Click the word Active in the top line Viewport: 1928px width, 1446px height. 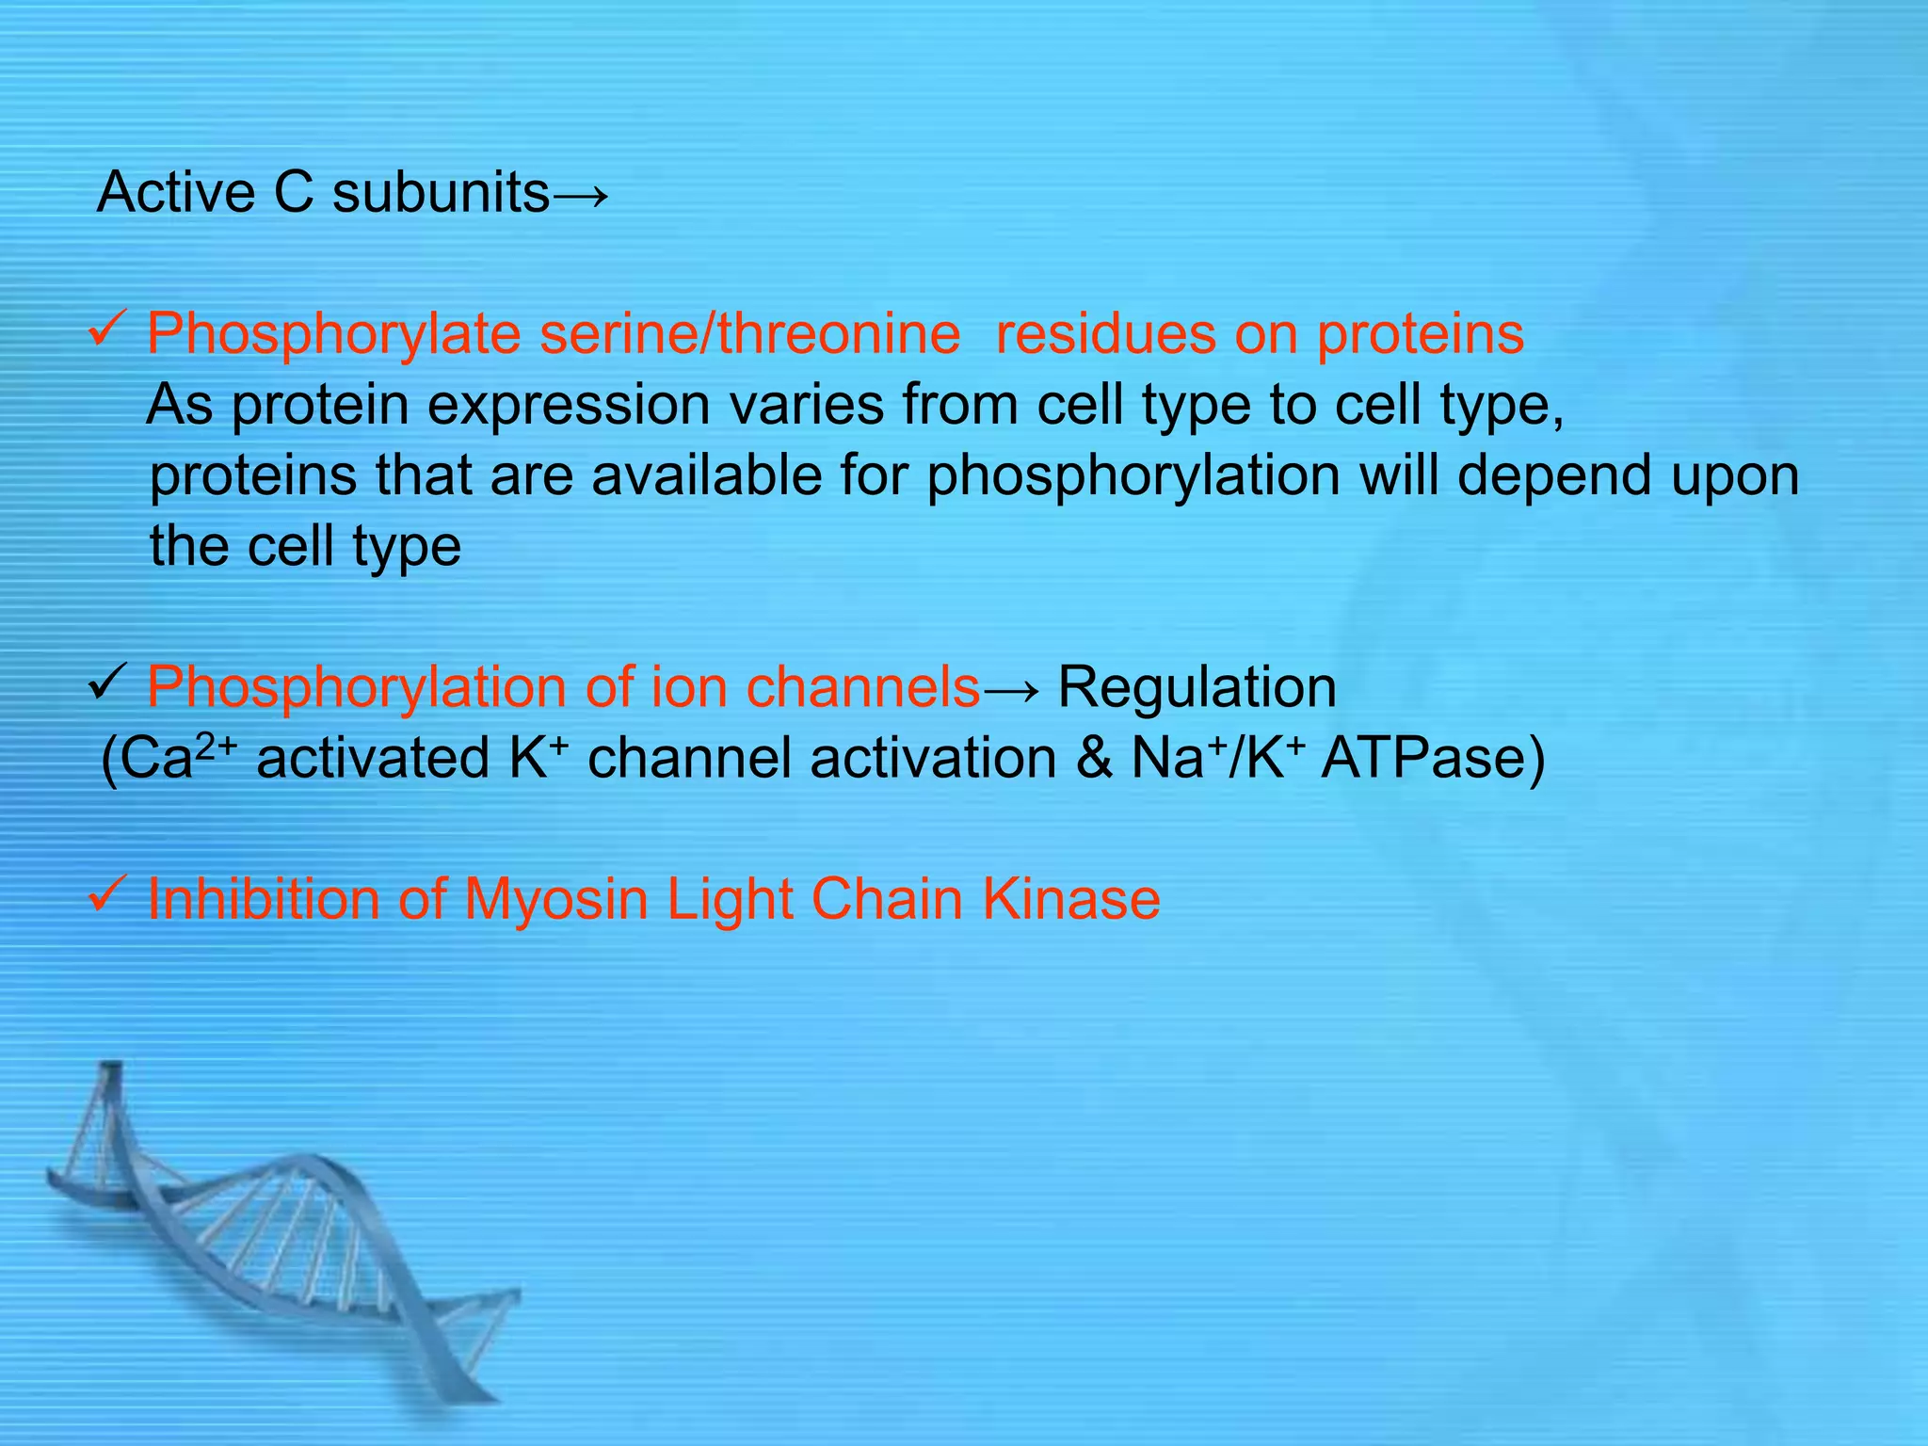[x=175, y=193]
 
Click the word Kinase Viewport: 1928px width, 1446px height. [x=1071, y=899]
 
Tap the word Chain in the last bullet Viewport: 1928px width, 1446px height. [x=886, y=899]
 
